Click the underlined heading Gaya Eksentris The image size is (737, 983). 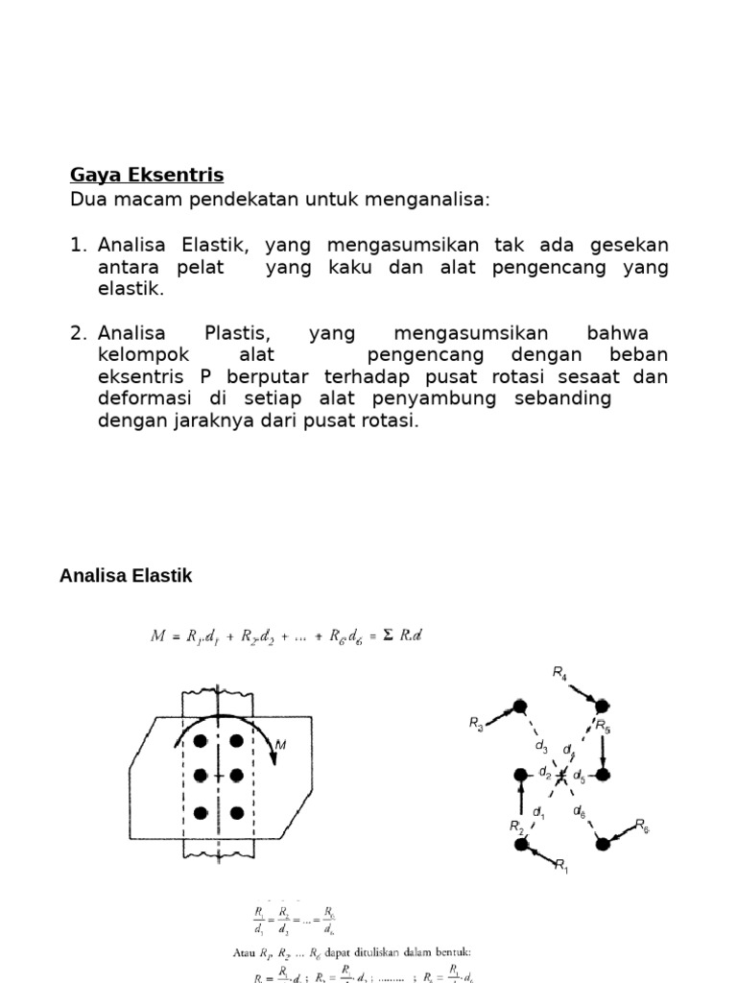[147, 175]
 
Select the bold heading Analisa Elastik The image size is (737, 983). [126, 576]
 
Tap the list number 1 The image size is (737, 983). [78, 245]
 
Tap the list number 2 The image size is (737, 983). [78, 333]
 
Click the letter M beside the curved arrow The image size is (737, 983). [281, 744]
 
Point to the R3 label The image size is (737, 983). [477, 723]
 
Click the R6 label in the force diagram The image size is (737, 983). [642, 825]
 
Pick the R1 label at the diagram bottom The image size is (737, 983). [561, 866]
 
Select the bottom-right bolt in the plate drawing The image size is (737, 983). [236, 813]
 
